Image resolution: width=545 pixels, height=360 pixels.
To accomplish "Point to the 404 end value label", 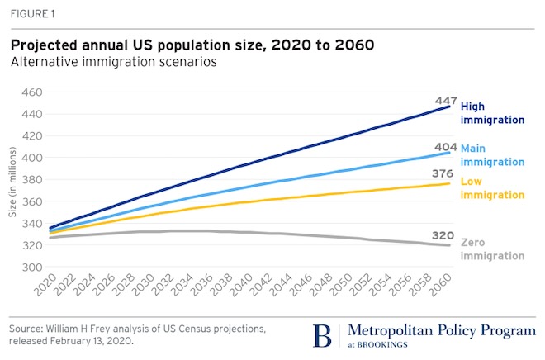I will [x=447, y=147].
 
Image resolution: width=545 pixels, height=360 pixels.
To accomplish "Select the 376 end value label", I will [x=447, y=174].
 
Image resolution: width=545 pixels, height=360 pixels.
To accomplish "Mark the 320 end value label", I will [x=447, y=234].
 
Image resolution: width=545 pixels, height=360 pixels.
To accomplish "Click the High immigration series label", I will [x=492, y=113].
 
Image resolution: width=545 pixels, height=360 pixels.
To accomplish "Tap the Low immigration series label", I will [x=492, y=188].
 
